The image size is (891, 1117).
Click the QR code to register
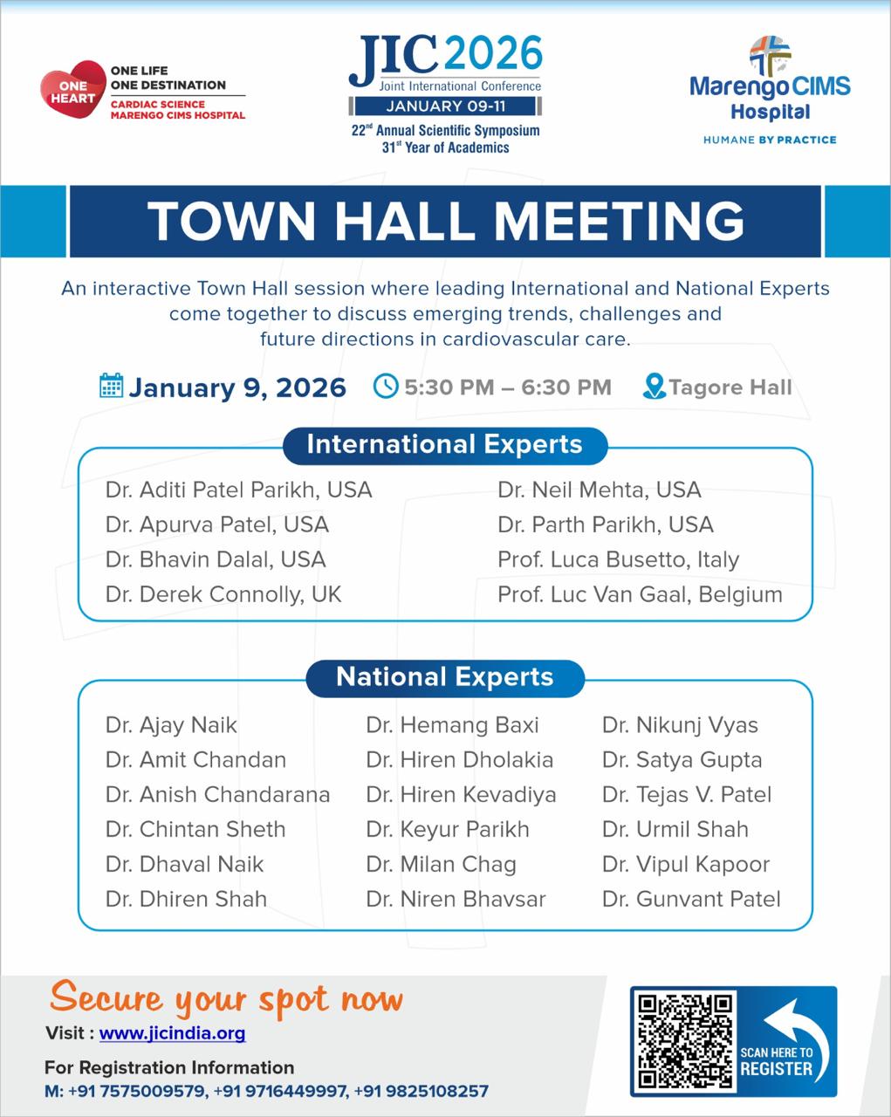pyautogui.click(x=685, y=1041)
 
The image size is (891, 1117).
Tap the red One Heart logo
pyautogui.click(x=72, y=91)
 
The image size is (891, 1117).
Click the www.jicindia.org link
pyautogui.click(x=172, y=1033)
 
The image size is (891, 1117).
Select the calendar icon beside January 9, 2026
pyautogui.click(x=111, y=386)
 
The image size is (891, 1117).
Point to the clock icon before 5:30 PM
pyautogui.click(x=385, y=386)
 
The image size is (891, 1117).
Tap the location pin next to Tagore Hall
pyautogui.click(x=654, y=386)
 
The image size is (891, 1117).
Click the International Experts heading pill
pyautogui.click(x=444, y=444)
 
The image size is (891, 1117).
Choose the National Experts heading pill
pyautogui.click(x=444, y=677)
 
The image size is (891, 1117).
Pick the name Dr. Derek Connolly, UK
pyautogui.click(x=223, y=594)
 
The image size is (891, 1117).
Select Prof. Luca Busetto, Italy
pyautogui.click(x=618, y=559)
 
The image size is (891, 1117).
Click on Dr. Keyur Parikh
pyautogui.click(x=448, y=829)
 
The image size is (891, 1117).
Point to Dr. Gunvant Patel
pyautogui.click(x=691, y=899)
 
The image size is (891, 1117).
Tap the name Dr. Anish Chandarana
pyautogui.click(x=217, y=794)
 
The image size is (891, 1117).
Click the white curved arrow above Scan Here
pyautogui.click(x=783, y=1018)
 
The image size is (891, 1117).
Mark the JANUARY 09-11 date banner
pyautogui.click(x=446, y=106)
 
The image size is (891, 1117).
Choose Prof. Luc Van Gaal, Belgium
pyautogui.click(x=640, y=594)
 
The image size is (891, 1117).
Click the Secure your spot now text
pyautogui.click(x=226, y=998)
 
